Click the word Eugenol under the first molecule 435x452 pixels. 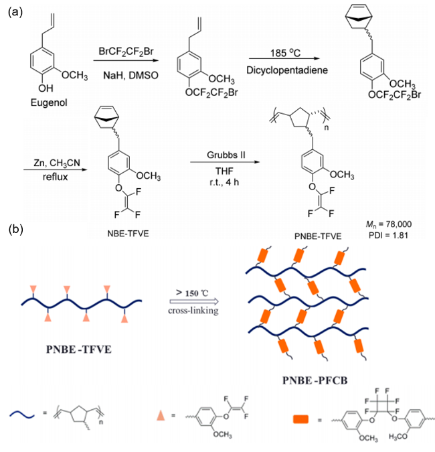[49, 102]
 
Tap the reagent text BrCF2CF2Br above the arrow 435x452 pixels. [126, 52]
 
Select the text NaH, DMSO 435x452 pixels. [130, 76]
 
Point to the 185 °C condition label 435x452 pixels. [285, 53]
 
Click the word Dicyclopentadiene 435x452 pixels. [287, 70]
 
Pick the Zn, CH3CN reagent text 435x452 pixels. [57, 163]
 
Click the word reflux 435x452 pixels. [55, 177]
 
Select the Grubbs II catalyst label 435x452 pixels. [226, 155]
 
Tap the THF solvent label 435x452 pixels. [224, 171]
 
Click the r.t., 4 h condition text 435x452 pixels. [224, 182]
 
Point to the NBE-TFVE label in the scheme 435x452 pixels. [128, 234]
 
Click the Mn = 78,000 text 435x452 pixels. [389, 224]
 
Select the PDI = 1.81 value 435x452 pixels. [388, 236]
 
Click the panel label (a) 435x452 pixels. [15, 13]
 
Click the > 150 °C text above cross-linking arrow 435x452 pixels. [192, 293]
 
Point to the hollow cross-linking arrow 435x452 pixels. [194, 302]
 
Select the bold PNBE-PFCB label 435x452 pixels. [315, 380]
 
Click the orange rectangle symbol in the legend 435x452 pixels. [300, 419]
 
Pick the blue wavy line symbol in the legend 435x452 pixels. [22, 415]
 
